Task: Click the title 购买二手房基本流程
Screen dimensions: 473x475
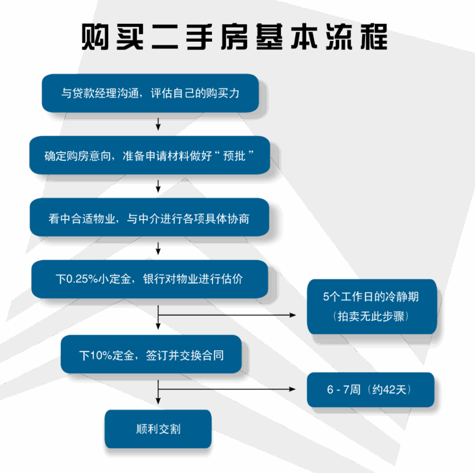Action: (234, 37)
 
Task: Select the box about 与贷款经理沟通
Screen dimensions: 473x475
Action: (150, 93)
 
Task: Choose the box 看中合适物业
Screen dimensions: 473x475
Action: (149, 217)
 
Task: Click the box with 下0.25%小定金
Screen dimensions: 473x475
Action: (149, 279)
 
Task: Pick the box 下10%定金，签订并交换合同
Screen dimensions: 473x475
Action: (151, 355)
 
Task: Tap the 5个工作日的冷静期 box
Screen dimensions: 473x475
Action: (372, 306)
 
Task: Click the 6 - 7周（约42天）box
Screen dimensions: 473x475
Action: (371, 390)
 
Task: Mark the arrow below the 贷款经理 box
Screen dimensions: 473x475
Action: (158, 124)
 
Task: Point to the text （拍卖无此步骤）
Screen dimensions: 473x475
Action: (371, 317)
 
